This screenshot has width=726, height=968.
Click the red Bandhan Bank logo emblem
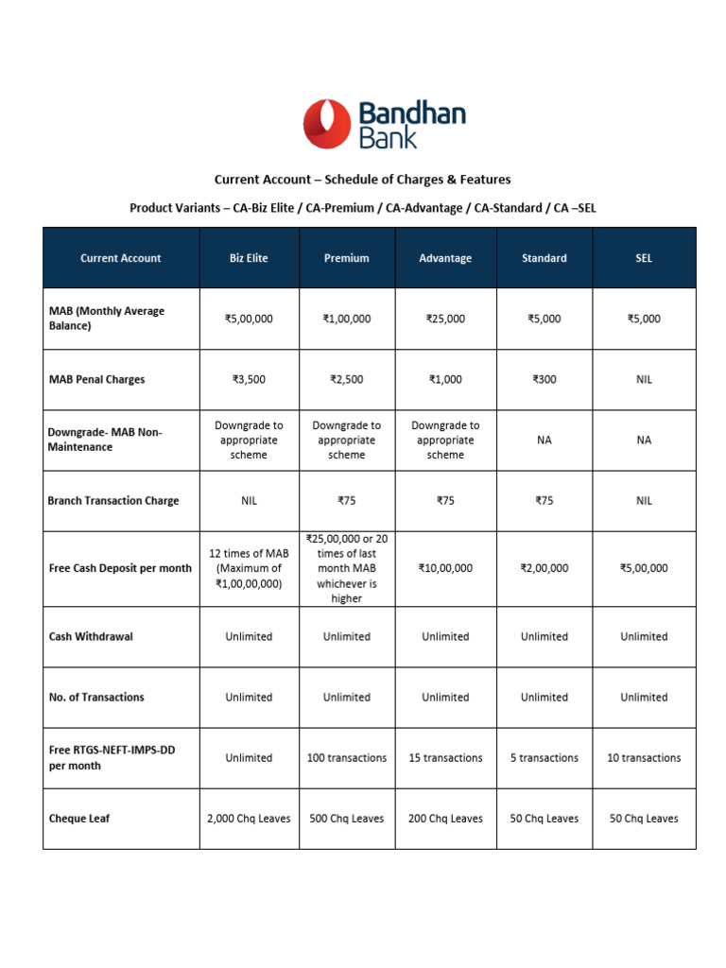click(326, 127)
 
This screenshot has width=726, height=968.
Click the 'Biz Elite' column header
click(249, 258)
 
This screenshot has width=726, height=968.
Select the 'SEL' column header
click(643, 258)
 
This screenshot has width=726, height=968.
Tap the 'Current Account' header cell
click(121, 258)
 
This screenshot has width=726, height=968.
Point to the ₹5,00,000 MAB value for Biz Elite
click(249, 319)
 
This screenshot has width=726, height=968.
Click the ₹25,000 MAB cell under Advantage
click(445, 319)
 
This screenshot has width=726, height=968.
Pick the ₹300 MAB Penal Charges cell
click(544, 379)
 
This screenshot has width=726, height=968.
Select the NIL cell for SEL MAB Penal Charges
click(643, 379)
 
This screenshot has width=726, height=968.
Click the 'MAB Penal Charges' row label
click(96, 379)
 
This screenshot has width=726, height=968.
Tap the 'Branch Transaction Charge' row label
click(112, 500)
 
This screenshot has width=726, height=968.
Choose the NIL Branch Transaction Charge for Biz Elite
click(249, 500)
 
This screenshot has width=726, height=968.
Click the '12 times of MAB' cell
click(249, 568)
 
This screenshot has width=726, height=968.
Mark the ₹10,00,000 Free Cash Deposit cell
click(445, 568)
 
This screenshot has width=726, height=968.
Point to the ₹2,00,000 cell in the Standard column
click(544, 568)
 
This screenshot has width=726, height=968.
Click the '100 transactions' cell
click(347, 757)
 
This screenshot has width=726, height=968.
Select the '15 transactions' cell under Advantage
click(445, 757)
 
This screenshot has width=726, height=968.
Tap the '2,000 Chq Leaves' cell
click(249, 818)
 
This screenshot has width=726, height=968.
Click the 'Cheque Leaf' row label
click(79, 818)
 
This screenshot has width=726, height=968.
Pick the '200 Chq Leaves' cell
click(445, 818)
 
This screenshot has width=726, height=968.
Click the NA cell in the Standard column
click(544, 440)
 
